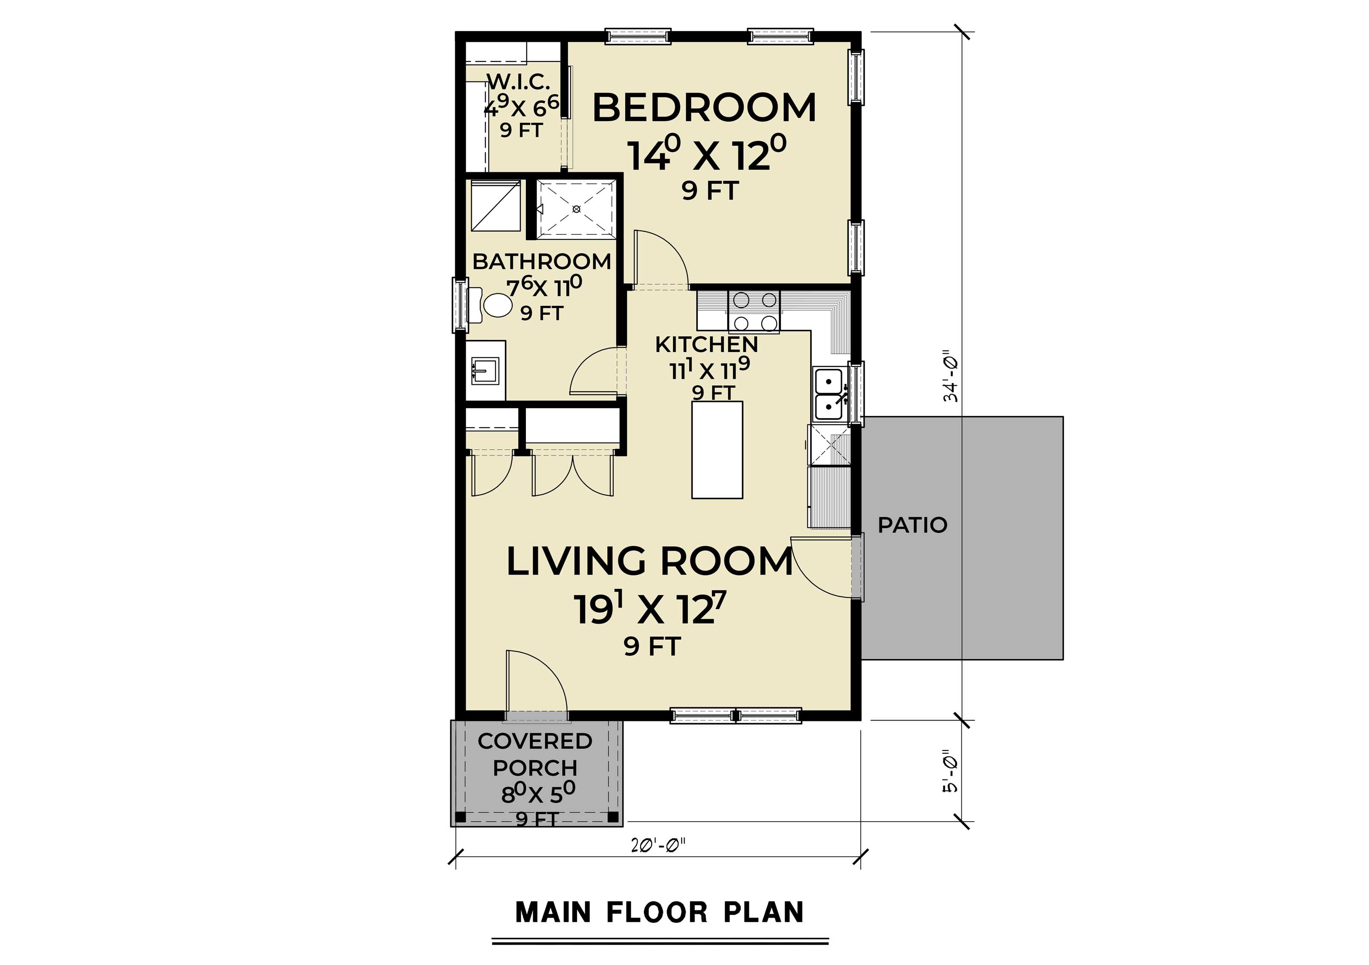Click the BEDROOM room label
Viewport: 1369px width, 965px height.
click(x=704, y=108)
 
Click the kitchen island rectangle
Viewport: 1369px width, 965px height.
click(x=716, y=450)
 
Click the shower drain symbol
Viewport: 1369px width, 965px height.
click(x=576, y=209)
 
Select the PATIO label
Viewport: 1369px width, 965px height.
click(x=912, y=525)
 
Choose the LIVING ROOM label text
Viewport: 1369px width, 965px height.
click(x=650, y=562)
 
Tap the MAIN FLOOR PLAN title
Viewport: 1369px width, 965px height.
click(x=659, y=913)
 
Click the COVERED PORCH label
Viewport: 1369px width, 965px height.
click(x=535, y=754)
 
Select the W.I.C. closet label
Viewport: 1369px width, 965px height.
click(x=519, y=82)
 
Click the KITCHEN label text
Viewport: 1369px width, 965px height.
click(x=707, y=344)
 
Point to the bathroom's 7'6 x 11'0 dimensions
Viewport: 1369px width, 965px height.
click(x=543, y=288)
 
